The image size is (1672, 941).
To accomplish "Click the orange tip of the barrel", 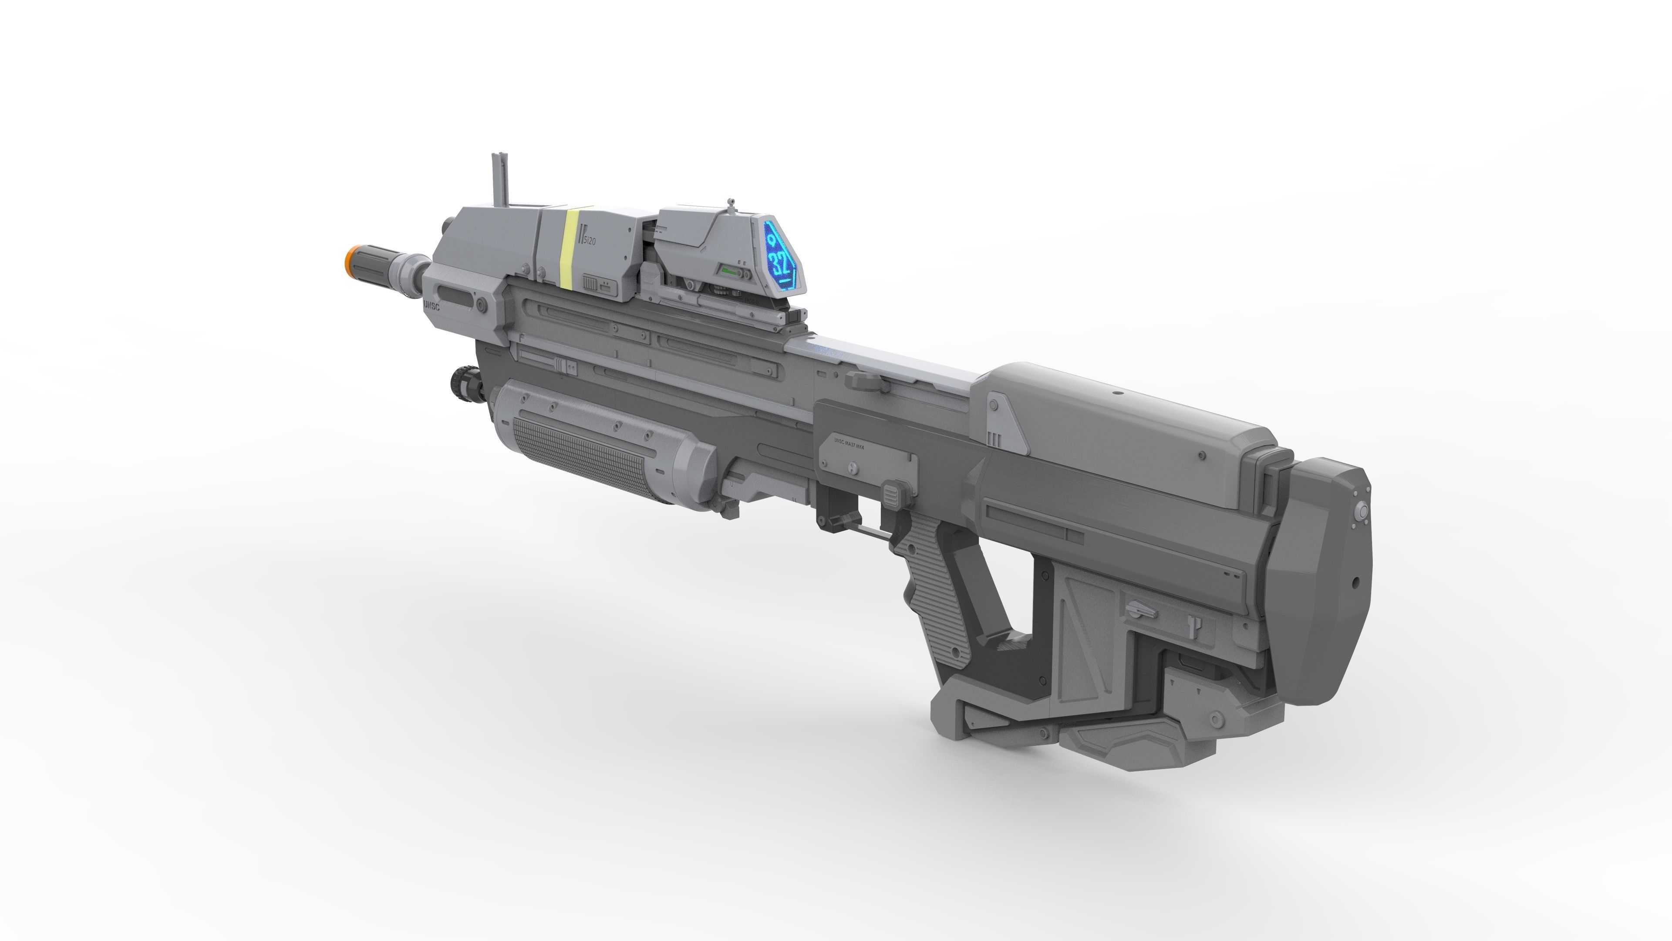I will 351,259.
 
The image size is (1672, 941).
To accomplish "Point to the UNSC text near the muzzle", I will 431,305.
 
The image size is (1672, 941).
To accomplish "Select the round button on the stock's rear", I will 1362,513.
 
